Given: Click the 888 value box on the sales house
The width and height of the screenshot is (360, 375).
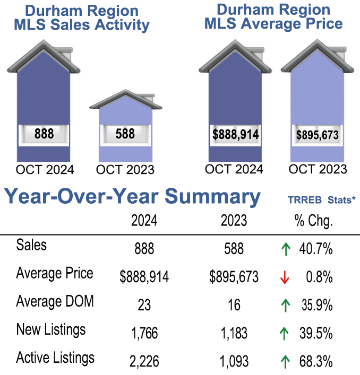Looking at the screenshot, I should tap(44, 134).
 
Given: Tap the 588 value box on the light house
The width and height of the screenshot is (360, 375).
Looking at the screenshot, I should tap(125, 134).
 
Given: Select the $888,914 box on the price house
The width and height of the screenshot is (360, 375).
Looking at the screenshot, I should tap(235, 135).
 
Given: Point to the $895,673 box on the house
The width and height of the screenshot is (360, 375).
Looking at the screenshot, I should tap(317, 135).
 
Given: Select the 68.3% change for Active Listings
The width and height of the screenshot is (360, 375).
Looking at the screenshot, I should tap(318, 362).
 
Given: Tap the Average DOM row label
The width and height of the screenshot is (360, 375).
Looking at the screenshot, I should tap(55, 301).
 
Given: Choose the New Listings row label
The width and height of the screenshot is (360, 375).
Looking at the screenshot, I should tap(51, 329).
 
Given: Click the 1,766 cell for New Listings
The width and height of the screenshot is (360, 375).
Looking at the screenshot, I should tap(144, 334).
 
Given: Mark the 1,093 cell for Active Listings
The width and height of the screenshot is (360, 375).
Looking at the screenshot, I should tap(234, 362).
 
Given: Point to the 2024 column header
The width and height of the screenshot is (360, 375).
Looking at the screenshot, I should tap(144, 221).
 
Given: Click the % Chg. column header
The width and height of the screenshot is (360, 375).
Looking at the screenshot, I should tap(313, 221).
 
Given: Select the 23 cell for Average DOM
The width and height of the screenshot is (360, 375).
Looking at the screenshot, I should tap(144, 306).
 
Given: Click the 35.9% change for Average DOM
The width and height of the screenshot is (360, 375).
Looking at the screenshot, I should tap(318, 306).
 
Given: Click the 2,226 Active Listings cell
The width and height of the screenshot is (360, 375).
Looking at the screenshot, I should tap(144, 362).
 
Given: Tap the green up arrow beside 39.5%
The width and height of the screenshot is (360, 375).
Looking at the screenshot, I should tap(285, 334).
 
